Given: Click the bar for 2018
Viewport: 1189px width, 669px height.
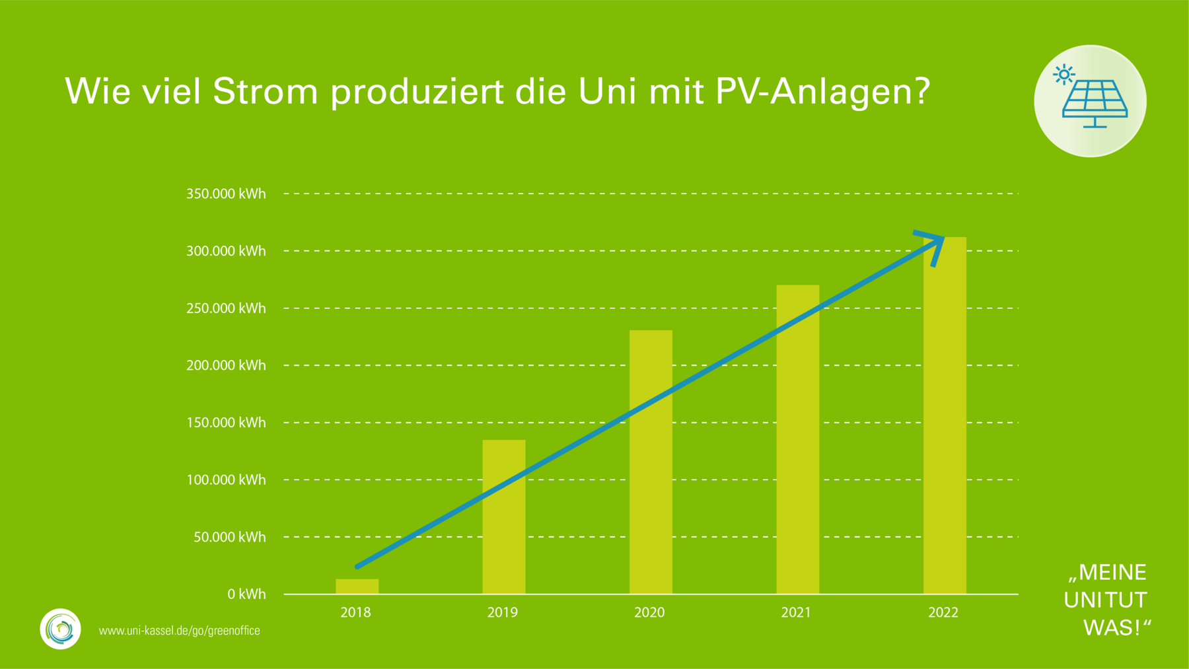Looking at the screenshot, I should point(357,586).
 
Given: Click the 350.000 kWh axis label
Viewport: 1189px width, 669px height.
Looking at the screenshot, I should point(226,194).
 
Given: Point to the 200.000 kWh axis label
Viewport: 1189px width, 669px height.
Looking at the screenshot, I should point(226,365).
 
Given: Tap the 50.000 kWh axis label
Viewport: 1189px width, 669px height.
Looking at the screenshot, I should point(229,537).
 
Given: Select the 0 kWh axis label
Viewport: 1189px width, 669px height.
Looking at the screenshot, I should point(246,594).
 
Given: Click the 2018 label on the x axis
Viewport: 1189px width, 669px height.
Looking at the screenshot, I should point(355,613).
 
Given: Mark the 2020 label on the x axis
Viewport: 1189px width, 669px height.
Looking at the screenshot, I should point(649,613).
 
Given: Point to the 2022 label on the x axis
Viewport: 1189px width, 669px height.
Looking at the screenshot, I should point(943,613).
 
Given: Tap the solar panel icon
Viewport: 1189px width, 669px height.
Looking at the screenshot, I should point(1094,102).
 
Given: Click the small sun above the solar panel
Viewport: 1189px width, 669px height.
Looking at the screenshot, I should point(1063,75).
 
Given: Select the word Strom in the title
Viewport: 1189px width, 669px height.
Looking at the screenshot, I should point(266,91).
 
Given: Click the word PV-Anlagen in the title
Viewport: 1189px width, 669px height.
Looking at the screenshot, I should point(822,91).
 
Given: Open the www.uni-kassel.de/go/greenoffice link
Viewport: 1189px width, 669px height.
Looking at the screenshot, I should point(179,631).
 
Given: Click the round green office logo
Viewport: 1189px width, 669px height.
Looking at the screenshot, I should point(60,629).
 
